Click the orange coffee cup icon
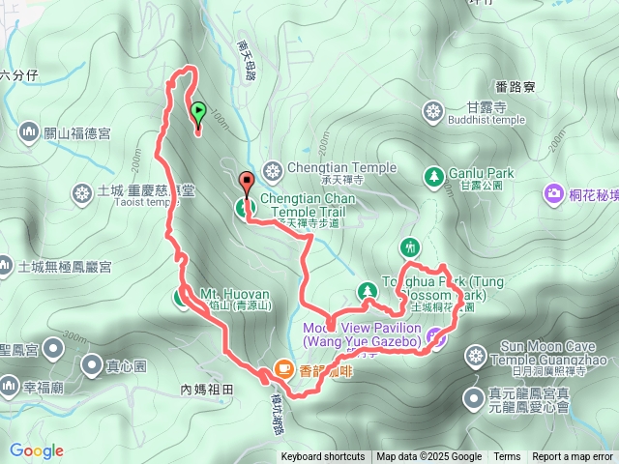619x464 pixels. (283, 367)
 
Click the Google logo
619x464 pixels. (36, 450)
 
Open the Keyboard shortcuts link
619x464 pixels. (322, 457)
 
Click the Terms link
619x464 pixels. (507, 457)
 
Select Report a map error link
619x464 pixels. (572, 457)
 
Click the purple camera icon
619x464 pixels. (554, 193)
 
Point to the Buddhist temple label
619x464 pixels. (486, 120)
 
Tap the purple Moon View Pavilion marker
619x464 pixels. (436, 336)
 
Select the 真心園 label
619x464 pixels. (127, 366)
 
